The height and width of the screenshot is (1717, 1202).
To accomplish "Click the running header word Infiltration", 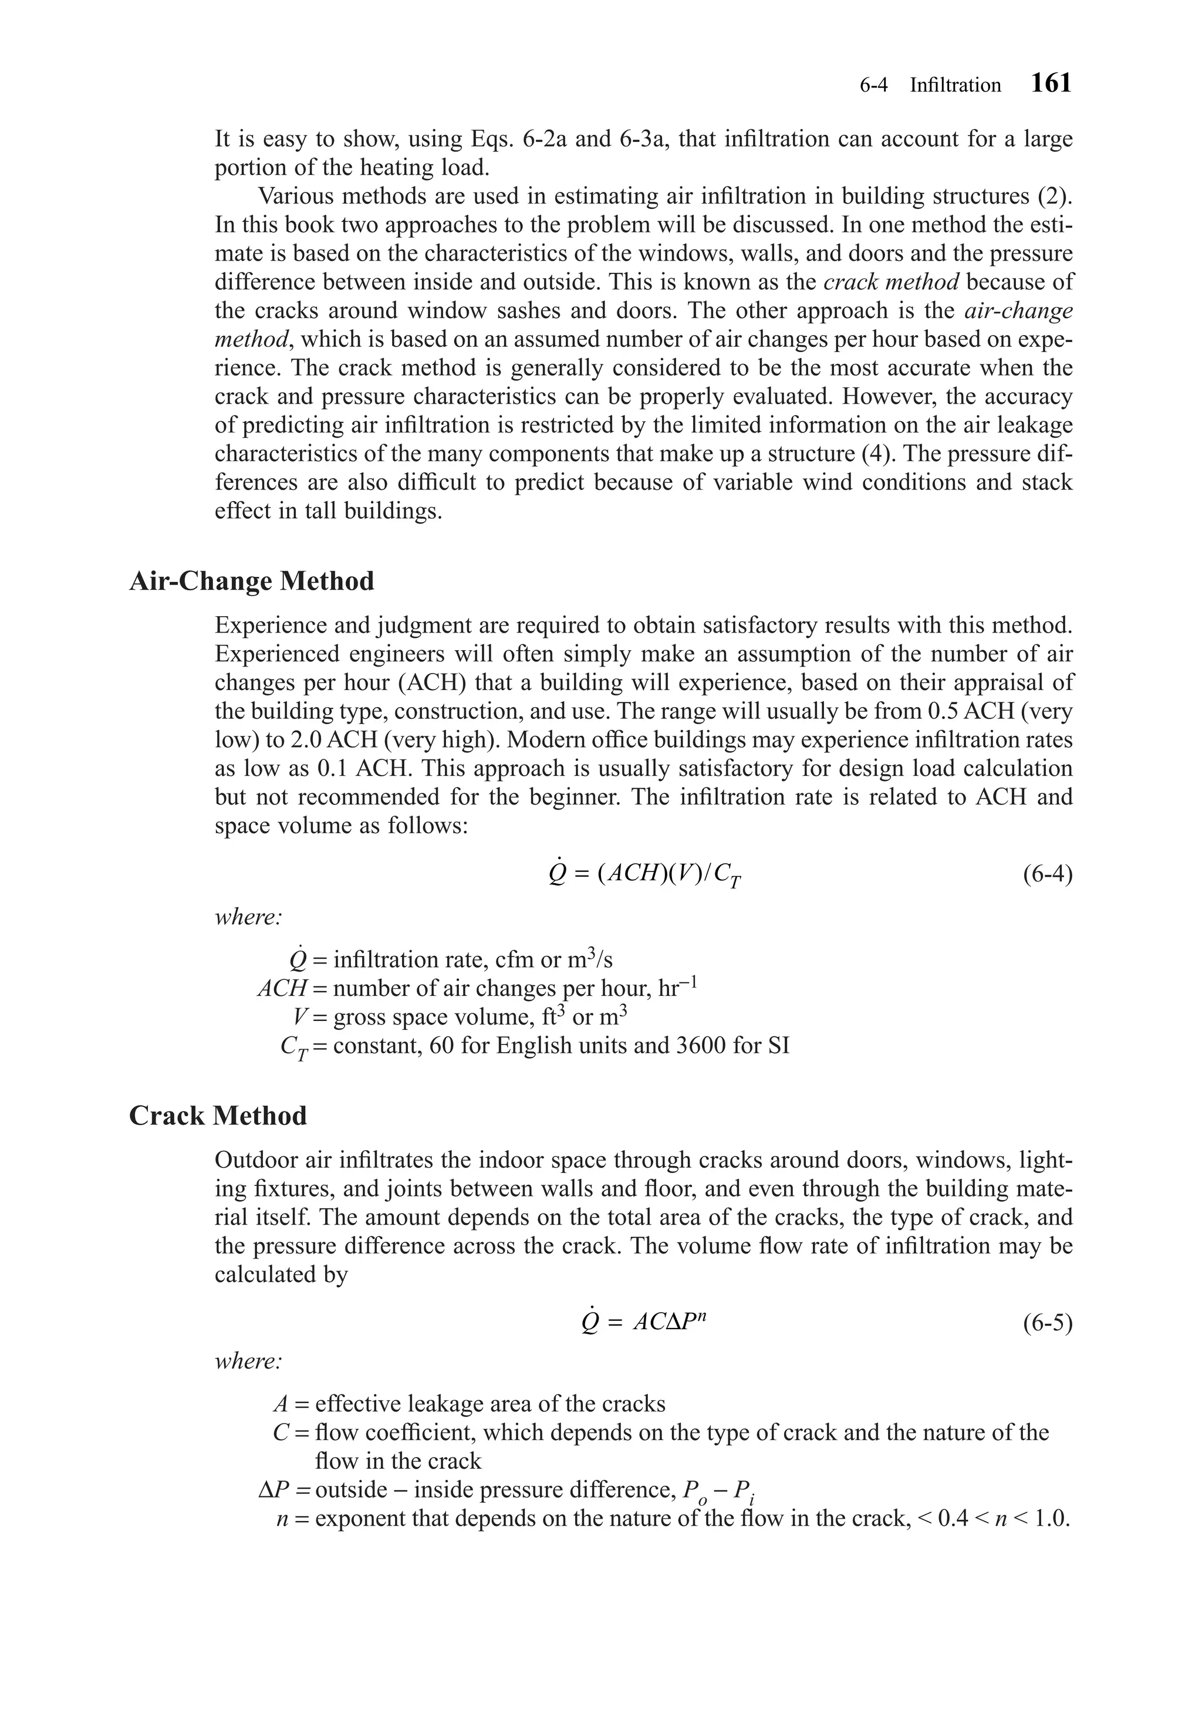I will [x=954, y=85].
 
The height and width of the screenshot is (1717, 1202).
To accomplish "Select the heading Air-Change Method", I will [x=251, y=581].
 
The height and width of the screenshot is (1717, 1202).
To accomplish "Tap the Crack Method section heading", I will [x=218, y=1115].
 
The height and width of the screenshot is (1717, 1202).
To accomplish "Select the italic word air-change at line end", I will [x=1019, y=310].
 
